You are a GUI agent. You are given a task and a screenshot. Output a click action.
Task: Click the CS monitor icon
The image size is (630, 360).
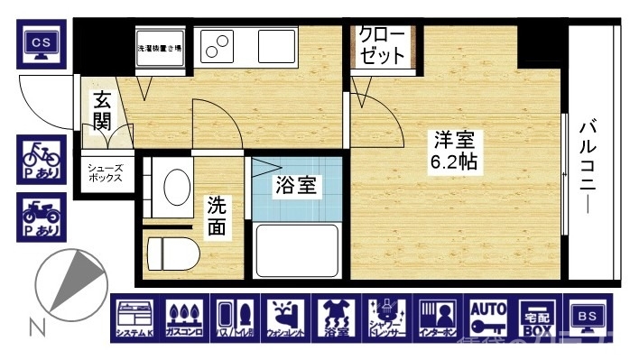click(41, 45)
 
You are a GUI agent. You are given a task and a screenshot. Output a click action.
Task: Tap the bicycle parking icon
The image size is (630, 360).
click(41, 160)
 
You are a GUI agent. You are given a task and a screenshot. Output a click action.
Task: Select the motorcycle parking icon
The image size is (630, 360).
click(41, 217)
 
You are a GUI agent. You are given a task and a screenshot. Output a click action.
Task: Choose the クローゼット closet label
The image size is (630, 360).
click(383, 45)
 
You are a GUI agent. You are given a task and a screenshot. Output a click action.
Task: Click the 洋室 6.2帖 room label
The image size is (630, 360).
click(454, 152)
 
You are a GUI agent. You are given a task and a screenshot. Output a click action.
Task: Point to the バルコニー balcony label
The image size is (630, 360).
click(588, 164)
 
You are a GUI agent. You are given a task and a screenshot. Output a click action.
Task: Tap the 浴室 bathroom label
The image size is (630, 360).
click(296, 186)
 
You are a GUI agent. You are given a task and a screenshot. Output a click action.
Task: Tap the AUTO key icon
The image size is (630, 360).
click(487, 318)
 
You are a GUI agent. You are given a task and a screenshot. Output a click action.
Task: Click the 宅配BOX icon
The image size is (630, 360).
click(537, 318)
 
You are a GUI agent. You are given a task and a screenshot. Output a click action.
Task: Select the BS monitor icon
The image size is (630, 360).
click(588, 318)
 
